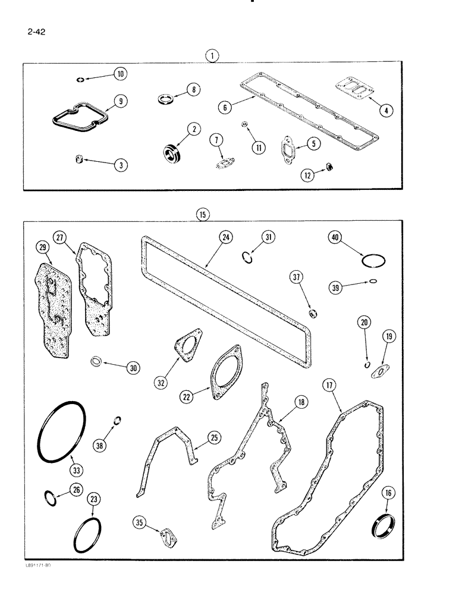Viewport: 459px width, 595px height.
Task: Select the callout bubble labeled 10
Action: pos(120,74)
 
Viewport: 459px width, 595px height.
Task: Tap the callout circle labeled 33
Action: pos(76,471)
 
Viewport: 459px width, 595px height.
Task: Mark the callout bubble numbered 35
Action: pos(139,523)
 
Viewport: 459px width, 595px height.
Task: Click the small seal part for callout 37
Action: pos(312,313)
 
